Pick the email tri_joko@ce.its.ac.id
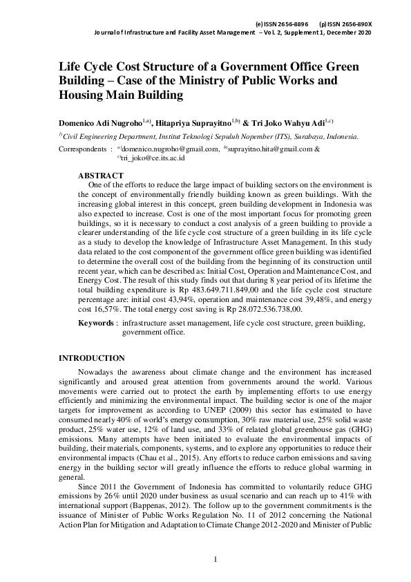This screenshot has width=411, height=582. (152, 158)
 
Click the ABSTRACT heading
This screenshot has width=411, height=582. (101, 176)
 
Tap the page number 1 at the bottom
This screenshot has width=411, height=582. (216, 558)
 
